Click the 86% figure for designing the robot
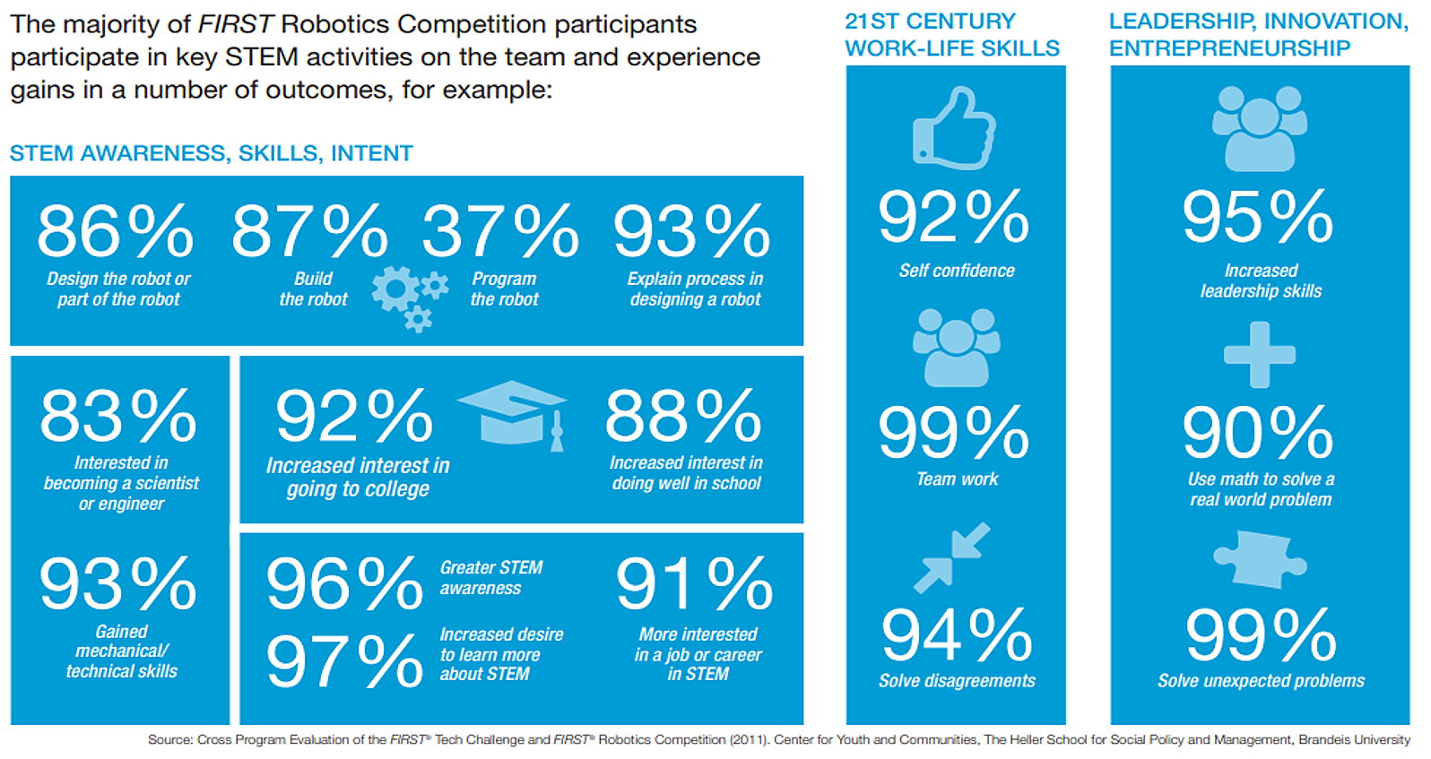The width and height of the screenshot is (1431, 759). point(115,230)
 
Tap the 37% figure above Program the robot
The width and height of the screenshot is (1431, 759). point(500,230)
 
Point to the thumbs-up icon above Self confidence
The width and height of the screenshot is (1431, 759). point(954,128)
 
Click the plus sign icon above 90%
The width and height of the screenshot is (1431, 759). point(1259,355)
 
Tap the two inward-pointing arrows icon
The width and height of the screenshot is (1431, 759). point(952,557)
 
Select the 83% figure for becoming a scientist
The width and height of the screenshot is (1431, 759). point(118,416)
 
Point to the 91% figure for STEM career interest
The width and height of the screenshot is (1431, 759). point(694,582)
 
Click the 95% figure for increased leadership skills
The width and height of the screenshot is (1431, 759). point(1258,217)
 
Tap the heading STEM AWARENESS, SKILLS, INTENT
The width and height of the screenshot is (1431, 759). point(212,153)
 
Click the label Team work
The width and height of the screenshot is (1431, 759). point(957,479)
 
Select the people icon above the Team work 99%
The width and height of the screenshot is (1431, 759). point(957,348)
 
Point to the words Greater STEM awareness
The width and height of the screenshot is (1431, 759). point(490,578)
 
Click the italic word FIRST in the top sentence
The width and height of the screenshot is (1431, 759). point(236,24)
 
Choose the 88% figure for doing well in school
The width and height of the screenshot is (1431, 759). point(683,416)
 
